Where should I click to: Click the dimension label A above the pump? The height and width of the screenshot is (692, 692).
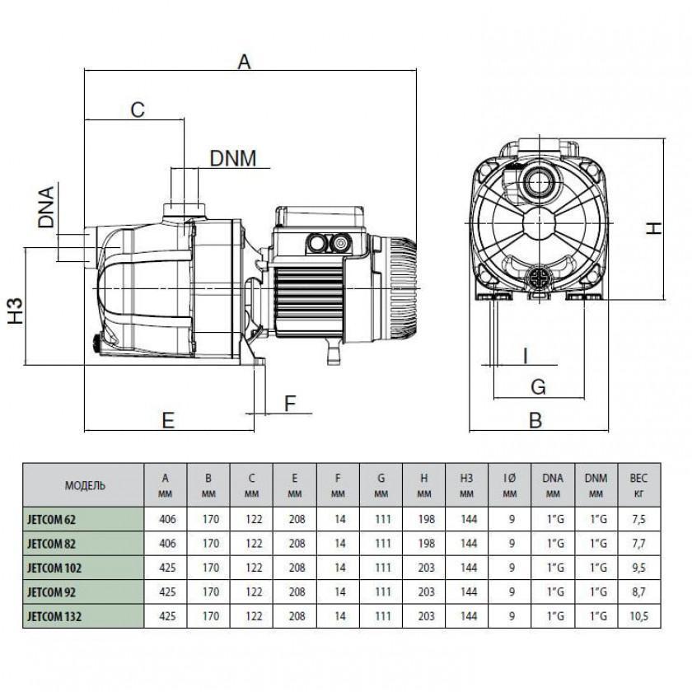click(244, 61)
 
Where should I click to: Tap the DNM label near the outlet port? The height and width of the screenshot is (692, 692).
click(233, 157)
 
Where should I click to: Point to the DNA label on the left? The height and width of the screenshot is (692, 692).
click(46, 208)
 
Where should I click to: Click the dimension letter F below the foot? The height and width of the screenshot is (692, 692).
click(288, 403)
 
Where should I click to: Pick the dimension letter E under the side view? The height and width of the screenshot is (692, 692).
click(168, 420)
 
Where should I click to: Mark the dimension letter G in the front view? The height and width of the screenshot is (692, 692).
click(536, 386)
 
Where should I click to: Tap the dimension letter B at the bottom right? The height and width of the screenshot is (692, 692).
click(535, 421)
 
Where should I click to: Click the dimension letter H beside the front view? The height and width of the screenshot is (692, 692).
click(653, 227)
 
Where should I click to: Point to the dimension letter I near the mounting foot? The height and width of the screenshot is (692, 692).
click(524, 355)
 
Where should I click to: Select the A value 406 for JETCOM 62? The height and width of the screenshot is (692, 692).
click(166, 521)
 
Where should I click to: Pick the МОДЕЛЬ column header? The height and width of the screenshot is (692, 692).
click(85, 486)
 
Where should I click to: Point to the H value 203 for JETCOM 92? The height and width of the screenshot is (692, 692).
click(423, 591)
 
